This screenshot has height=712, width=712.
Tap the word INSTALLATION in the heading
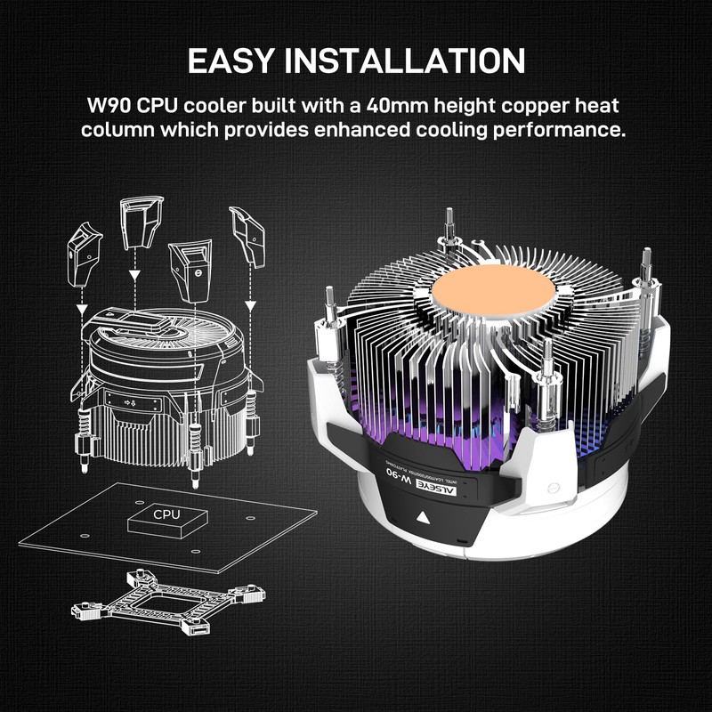click(434, 60)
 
